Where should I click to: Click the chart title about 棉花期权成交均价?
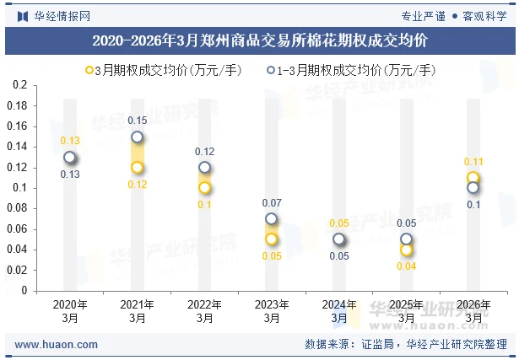(x=259, y=40)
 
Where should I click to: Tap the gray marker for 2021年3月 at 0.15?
(x=137, y=137)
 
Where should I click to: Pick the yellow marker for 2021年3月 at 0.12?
(x=137, y=168)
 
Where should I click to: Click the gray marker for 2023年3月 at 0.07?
(x=272, y=219)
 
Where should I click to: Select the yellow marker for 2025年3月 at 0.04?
(x=407, y=250)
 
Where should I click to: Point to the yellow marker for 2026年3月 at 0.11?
(x=473, y=178)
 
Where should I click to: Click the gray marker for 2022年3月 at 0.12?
(x=204, y=168)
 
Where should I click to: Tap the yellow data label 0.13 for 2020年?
(x=70, y=141)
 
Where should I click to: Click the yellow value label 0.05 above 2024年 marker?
(x=339, y=223)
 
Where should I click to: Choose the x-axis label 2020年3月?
(x=70, y=311)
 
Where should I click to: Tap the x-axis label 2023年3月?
(x=272, y=311)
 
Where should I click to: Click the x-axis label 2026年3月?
(x=473, y=311)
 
